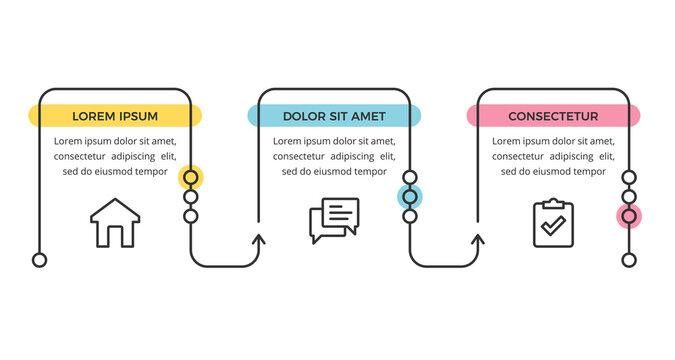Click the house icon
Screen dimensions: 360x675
click(x=115, y=222)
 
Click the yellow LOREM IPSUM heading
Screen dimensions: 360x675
click(x=115, y=116)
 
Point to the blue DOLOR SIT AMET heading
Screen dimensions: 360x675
click(x=334, y=116)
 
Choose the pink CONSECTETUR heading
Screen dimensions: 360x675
click(x=553, y=116)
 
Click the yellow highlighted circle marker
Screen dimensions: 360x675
click(x=191, y=178)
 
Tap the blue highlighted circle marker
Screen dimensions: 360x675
click(x=410, y=196)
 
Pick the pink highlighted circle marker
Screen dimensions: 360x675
click(x=629, y=215)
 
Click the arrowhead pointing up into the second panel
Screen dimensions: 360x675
click(x=259, y=240)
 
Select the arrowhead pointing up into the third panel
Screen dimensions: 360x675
click(x=478, y=240)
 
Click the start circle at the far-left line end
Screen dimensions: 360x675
click(x=40, y=260)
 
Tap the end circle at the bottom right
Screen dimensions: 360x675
click(x=629, y=260)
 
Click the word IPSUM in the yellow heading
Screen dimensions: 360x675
click(x=138, y=116)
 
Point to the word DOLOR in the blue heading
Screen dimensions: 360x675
click(x=304, y=116)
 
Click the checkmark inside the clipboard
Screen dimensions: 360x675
click(x=552, y=228)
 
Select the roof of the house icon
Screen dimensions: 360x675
click(x=115, y=208)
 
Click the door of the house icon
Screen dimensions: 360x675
click(x=115, y=236)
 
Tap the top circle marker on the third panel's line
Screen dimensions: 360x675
click(x=629, y=178)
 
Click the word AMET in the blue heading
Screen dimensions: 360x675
click(x=367, y=116)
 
